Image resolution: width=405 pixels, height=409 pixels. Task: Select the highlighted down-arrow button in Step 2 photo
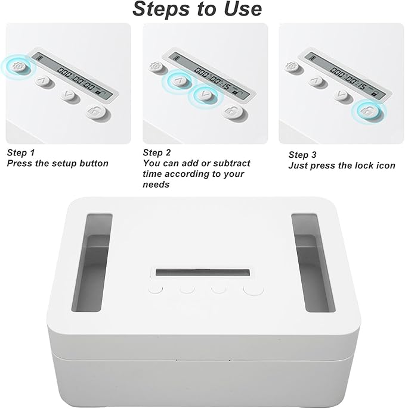tap(204, 95)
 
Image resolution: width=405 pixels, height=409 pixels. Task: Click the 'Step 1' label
tap(21, 152)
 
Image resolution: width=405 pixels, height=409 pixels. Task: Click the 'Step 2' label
tap(157, 152)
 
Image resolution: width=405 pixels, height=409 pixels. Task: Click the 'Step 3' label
tap(303, 155)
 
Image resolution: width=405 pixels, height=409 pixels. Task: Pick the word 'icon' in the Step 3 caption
tap(385, 166)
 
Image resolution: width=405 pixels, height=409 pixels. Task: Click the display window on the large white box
tap(203, 273)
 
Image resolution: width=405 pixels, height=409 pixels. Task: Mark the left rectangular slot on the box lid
tap(91, 262)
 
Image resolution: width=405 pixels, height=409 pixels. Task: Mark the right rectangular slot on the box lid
tap(313, 262)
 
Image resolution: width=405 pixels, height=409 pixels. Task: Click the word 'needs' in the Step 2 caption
tap(156, 185)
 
